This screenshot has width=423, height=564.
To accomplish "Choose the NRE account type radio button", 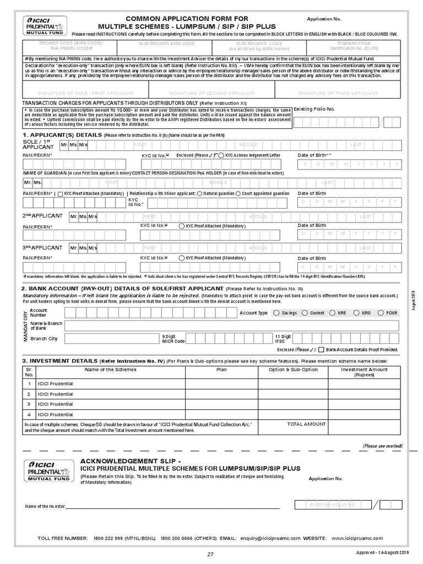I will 333,313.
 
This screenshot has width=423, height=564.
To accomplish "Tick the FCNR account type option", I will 381,313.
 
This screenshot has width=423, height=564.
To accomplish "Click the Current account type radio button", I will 305,313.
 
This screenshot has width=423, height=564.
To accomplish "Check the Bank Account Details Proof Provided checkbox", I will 321,350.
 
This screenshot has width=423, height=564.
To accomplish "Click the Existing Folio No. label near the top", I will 314,109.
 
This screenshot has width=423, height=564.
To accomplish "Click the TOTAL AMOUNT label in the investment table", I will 307,424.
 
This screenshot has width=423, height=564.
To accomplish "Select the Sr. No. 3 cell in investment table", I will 29,404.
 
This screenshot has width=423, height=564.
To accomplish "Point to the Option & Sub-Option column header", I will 293,370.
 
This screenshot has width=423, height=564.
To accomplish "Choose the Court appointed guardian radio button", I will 238,194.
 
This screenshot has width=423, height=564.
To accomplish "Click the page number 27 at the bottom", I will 210,555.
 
